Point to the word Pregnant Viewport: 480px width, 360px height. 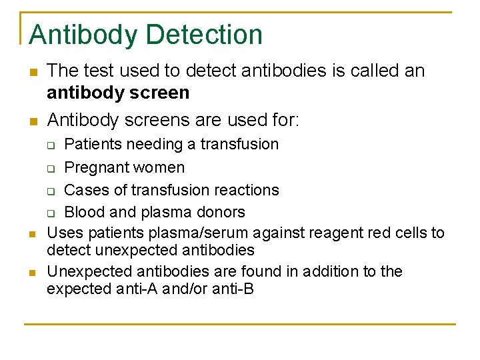(96, 167)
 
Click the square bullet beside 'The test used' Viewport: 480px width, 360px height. (31, 71)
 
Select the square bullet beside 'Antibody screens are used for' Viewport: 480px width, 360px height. (31, 121)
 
